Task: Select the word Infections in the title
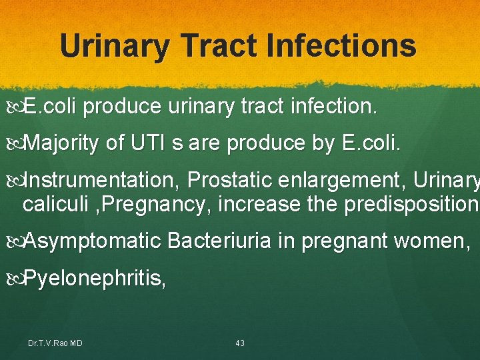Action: tap(341, 46)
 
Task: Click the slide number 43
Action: tap(240, 343)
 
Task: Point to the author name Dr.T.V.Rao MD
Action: tap(55, 343)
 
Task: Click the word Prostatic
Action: tap(231, 180)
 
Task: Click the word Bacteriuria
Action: tap(220, 241)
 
